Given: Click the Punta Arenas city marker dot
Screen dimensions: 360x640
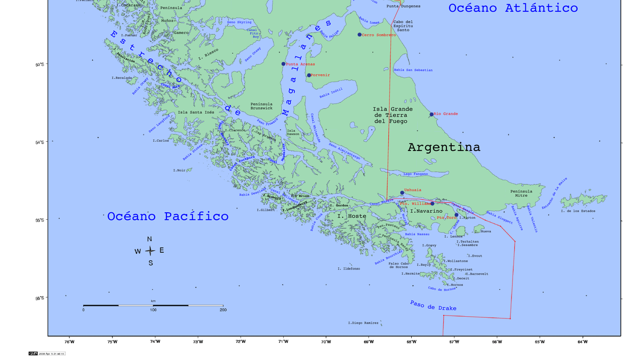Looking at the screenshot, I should pos(283,64).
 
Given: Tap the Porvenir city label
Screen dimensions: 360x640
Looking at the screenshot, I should pos(321,75).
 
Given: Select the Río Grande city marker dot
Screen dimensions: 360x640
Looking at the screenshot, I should pos(431,114).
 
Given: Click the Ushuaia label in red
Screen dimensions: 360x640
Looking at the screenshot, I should pos(413,190).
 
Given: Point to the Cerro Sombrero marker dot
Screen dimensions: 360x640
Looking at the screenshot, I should pos(359,35).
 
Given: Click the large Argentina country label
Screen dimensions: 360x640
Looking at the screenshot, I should pos(444,147).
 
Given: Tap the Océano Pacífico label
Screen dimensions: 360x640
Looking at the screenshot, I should pos(167,217).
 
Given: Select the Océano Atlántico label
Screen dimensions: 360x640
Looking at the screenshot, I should pos(513,8).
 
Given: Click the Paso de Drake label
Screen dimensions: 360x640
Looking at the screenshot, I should pos(433,306).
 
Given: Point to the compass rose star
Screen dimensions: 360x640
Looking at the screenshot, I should pos(150,251).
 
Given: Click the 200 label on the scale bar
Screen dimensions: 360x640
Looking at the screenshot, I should pos(222,310).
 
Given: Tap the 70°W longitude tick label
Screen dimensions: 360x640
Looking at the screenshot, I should pos(326,342).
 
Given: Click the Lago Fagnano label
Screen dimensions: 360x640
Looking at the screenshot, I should pos(415,174).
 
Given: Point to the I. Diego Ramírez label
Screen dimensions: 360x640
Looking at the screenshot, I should pos(363,323).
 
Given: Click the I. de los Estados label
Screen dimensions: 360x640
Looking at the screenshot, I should pos(578,211).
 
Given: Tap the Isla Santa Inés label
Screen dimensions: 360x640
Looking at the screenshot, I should pos(196,113).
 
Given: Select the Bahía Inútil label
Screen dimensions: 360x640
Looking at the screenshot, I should pos(331,93).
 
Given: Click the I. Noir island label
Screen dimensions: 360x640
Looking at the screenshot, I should pos(179,170).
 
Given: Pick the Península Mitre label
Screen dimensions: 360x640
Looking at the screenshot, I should pos(521,193).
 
